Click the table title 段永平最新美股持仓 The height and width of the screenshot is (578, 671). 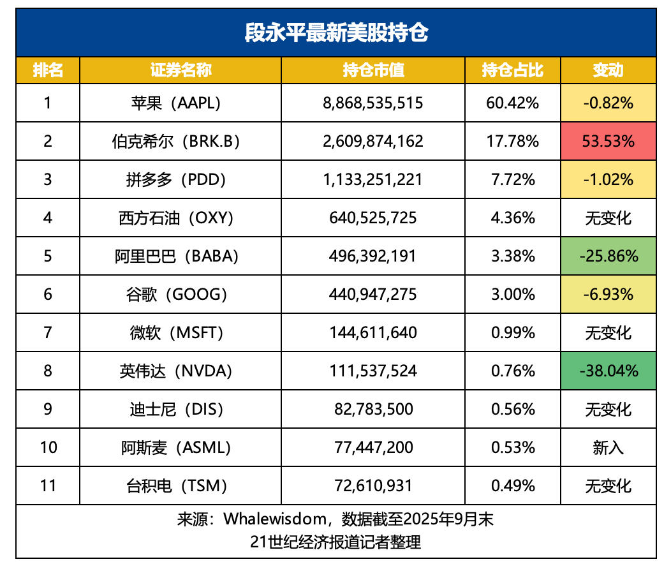point(335,32)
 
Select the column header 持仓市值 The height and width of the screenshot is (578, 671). point(373,70)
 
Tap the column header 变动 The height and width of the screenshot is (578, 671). point(608,70)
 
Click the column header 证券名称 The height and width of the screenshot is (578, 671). point(181,70)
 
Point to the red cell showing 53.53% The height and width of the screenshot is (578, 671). point(608,141)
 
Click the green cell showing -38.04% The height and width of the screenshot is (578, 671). point(608,371)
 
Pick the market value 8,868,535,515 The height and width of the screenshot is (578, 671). point(373,103)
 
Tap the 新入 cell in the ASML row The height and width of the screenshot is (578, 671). point(608,447)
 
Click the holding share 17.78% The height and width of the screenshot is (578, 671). point(512,141)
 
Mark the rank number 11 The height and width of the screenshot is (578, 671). point(48,485)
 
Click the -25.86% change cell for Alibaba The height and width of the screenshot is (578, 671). point(608,256)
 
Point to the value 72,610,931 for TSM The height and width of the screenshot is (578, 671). point(373,485)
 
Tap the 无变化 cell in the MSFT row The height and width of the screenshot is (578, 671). point(608,332)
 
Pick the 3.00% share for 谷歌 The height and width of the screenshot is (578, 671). point(512,294)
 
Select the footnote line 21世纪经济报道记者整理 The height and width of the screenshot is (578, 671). point(335,542)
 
